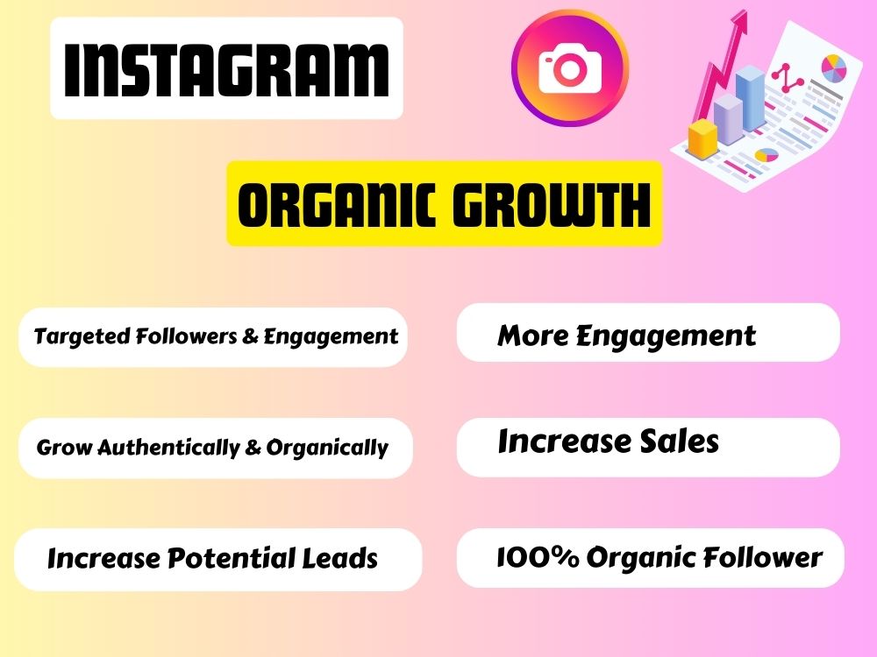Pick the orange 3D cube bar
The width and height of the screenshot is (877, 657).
coord(702,138)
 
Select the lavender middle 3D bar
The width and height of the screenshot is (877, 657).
coord(727,118)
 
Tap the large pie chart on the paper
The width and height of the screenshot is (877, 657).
coord(833,67)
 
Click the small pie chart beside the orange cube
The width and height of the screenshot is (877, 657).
coord(766,156)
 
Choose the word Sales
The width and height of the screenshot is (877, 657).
coord(678,442)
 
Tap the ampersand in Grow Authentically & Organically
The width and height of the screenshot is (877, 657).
coord(253,448)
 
